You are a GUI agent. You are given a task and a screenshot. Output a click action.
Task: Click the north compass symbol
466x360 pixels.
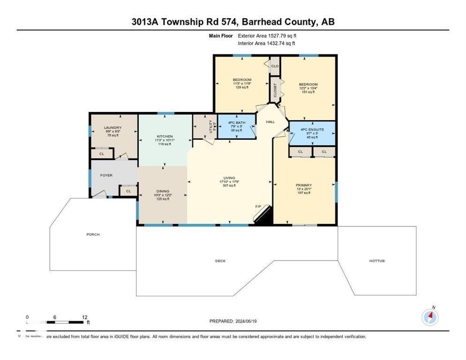click(x=430, y=317)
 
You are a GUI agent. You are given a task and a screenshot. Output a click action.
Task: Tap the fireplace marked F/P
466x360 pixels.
click(x=263, y=215)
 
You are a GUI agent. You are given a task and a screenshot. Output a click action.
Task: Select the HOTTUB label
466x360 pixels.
click(x=377, y=261)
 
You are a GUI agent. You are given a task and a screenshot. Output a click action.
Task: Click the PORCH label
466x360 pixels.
click(x=93, y=234)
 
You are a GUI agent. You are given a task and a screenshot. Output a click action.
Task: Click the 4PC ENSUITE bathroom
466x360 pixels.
click(x=312, y=133)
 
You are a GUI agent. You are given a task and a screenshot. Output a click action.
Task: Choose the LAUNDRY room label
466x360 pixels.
click(x=113, y=127)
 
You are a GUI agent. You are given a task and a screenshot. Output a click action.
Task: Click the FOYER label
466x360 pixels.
click(x=106, y=175)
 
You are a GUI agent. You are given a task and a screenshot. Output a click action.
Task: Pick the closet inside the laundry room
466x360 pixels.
click(x=102, y=153)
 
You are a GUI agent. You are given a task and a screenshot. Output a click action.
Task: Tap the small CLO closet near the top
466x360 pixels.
click(x=275, y=66)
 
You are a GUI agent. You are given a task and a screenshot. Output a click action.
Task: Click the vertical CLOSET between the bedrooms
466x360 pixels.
click(x=275, y=90)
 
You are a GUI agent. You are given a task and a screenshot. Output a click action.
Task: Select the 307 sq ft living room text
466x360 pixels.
click(x=229, y=185)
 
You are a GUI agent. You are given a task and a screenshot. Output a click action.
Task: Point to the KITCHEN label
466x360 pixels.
click(x=165, y=136)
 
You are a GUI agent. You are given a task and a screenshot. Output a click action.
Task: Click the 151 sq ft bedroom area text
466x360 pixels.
click(x=308, y=92)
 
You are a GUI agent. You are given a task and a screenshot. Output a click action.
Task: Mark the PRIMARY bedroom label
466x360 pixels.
click(x=303, y=185)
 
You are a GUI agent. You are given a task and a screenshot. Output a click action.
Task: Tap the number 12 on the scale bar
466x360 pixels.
click(x=84, y=317)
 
